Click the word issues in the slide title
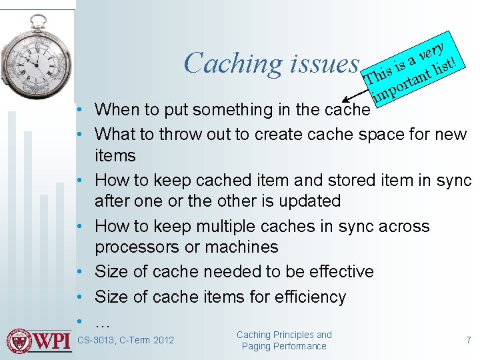click(x=325, y=63)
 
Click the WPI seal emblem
click(x=20, y=341)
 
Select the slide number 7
click(x=468, y=340)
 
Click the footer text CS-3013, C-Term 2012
click(x=125, y=341)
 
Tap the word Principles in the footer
click(x=296, y=335)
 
